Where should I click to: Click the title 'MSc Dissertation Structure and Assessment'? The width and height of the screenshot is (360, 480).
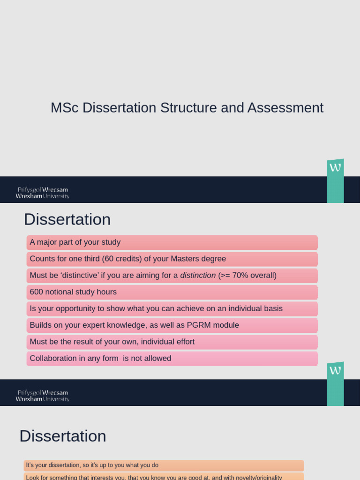(187, 108)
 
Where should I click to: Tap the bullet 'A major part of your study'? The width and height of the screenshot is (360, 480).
(75, 242)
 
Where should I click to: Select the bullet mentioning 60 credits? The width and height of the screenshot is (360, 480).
(127, 259)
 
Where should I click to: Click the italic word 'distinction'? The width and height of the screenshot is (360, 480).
(198, 276)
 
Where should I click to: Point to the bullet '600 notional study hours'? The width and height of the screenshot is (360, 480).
(73, 292)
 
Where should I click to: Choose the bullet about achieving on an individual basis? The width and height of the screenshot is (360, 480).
(156, 308)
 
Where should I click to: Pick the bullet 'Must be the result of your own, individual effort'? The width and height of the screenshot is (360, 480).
(112, 342)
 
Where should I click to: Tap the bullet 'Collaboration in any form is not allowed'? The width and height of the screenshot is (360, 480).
(100, 359)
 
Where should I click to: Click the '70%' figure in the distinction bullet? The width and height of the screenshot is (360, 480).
(240, 276)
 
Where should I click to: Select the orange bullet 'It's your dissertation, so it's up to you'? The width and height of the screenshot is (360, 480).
(92, 465)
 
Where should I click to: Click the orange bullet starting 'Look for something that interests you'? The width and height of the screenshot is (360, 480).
(154, 477)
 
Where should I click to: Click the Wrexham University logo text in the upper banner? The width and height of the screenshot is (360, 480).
(42, 193)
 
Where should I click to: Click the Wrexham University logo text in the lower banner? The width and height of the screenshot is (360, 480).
(42, 396)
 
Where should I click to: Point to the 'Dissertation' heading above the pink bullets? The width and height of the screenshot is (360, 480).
(67, 219)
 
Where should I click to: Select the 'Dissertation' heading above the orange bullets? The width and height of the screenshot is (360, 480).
(63, 436)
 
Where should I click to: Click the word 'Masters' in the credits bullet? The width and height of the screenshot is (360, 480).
(186, 259)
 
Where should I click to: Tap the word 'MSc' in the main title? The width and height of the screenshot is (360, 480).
(65, 108)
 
